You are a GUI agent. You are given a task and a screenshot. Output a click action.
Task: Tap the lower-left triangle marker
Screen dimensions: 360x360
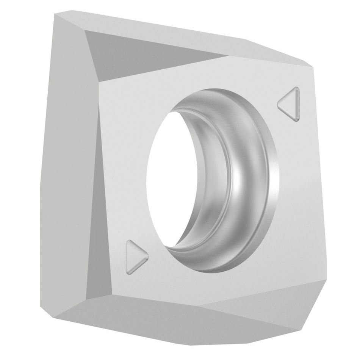135,256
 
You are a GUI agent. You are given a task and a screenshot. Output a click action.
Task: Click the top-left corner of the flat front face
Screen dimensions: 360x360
100,82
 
